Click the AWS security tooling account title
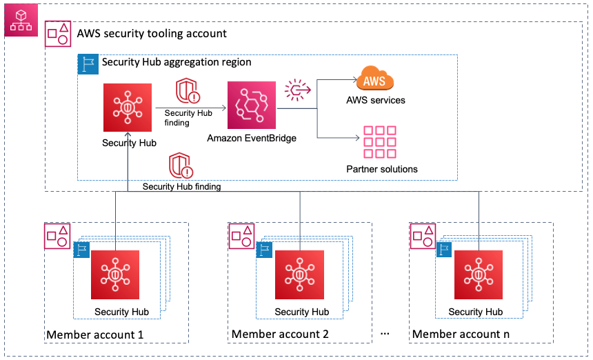pyautogui.click(x=151, y=34)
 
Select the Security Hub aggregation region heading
pyautogui.click(x=177, y=62)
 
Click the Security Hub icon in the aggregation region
pyautogui.click(x=128, y=108)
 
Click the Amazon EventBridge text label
pyautogui.click(x=252, y=139)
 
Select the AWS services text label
pyautogui.click(x=376, y=100)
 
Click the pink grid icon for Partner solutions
pyautogui.click(x=380, y=142)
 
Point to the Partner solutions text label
pyautogui.click(x=382, y=169)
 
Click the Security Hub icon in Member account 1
pyautogui.click(x=115, y=274)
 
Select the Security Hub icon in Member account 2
pyautogui.click(x=299, y=274)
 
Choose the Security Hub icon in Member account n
pyautogui.click(x=479, y=274)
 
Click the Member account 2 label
pyautogui.click(x=280, y=334)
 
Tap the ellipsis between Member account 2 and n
pyautogui.click(x=385, y=334)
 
